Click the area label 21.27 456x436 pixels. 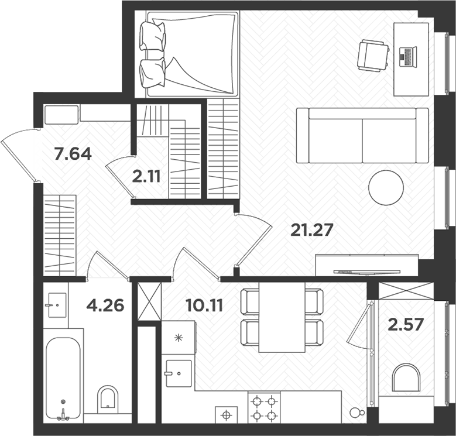pos(312,230)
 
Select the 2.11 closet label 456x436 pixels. pos(146,176)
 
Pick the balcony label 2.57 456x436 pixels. pos(405,324)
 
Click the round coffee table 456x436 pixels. pos(386,187)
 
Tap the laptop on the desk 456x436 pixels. pos(407,57)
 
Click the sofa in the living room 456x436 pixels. pos(363,136)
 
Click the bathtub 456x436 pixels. pos(63,377)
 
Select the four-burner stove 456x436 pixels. pos(264,408)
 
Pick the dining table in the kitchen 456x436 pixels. pos(282,317)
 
